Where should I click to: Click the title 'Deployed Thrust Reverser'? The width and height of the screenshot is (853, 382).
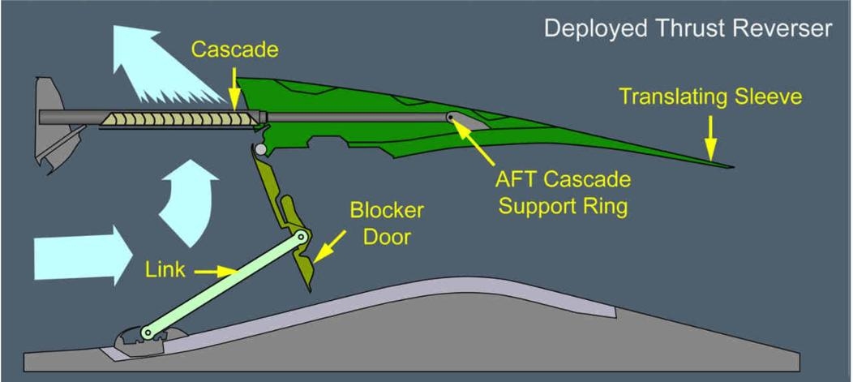(688, 28)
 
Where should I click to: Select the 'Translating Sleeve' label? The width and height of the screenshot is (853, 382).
(710, 97)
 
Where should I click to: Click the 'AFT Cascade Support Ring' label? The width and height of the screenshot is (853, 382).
(563, 192)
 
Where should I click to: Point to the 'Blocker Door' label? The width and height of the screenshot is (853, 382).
(386, 222)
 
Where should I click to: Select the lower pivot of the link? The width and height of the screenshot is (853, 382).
(148, 332)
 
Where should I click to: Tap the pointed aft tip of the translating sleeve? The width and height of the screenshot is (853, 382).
(730, 166)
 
